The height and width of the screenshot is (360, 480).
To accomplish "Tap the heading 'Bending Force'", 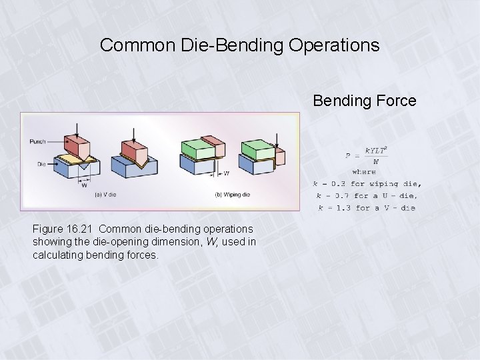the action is (x=365, y=101).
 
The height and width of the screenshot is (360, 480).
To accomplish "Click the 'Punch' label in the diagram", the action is (x=38, y=141).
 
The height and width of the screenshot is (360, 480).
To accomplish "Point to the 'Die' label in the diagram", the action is (x=41, y=163).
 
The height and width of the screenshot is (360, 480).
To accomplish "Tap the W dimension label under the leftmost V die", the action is (x=84, y=185).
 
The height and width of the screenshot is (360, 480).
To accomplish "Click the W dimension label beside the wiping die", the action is (x=227, y=173).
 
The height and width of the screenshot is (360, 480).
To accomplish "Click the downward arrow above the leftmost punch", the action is (x=77, y=129).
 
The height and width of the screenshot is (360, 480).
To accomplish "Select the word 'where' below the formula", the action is (x=364, y=171).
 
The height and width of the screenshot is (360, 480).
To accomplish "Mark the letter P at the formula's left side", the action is (x=347, y=155).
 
